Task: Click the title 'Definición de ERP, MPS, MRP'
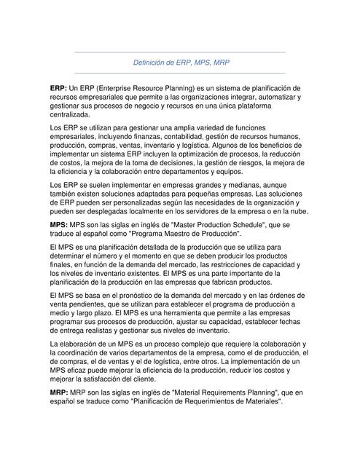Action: (x=181, y=63)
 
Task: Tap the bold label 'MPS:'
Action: (x=60, y=226)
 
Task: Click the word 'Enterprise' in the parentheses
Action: (x=125, y=87)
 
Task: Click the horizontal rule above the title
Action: (x=181, y=52)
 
